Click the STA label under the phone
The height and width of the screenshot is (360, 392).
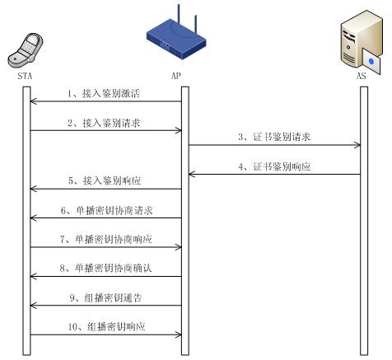[25, 76]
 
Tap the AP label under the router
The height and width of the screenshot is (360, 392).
[176, 76]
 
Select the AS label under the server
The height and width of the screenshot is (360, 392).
[362, 76]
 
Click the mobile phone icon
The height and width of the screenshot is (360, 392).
[26, 50]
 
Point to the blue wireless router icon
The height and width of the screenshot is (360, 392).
[176, 35]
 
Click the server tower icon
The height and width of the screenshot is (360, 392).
[362, 42]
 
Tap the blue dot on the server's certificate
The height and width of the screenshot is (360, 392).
[371, 61]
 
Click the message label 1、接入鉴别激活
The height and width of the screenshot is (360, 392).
[104, 94]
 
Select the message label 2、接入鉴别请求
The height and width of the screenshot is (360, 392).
[104, 123]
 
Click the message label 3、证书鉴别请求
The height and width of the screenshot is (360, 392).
[274, 137]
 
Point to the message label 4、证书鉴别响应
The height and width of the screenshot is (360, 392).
[274, 166]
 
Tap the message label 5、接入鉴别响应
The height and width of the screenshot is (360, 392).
[105, 180]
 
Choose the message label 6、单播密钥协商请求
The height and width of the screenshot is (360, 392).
[106, 210]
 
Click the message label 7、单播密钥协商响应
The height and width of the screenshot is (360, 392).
[106, 239]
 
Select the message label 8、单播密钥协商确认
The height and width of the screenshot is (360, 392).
[105, 268]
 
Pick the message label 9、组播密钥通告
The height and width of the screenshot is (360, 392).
[105, 297]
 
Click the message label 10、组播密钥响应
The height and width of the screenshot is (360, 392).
[106, 327]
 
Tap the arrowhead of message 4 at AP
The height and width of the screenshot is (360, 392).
[192, 175]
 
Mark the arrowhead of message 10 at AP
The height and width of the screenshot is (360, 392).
[178, 334]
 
